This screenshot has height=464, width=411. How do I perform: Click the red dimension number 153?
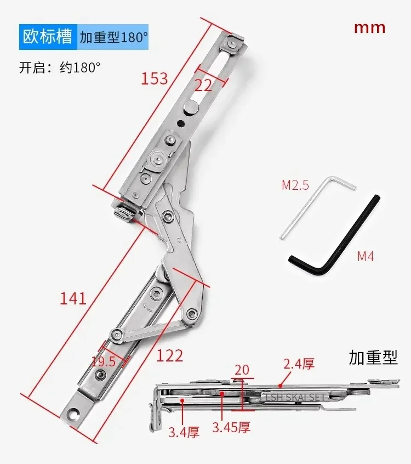(x=154, y=79)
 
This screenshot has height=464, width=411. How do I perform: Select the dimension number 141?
(x=73, y=298)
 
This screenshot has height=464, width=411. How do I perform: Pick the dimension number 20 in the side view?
(x=242, y=369)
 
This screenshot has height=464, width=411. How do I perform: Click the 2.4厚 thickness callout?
(x=299, y=363)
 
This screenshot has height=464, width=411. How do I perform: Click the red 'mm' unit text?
(x=369, y=27)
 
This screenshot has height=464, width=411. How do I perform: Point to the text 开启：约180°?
(x=60, y=68)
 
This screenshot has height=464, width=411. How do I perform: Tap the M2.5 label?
(x=295, y=185)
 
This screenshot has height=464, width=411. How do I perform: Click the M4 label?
(x=366, y=256)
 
